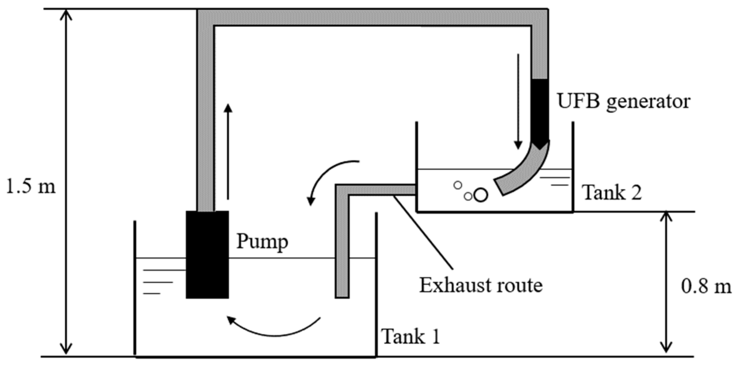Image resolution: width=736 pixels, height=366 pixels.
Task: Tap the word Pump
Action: [x=262, y=242]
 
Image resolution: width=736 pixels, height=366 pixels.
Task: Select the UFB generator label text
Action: [x=624, y=101]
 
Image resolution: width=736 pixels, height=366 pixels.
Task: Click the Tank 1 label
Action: [x=411, y=337]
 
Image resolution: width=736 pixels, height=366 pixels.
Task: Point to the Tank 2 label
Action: [x=612, y=193]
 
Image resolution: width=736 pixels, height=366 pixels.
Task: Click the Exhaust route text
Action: [x=481, y=285]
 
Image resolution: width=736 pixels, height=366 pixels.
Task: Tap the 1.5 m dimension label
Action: [x=31, y=187]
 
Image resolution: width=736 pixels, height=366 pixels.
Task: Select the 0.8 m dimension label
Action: [x=706, y=287]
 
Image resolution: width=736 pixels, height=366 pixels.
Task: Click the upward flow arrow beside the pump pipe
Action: [x=228, y=152]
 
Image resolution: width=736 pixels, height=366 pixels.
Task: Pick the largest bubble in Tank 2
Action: [x=480, y=195]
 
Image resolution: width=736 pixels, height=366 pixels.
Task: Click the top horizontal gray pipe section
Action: [x=370, y=17]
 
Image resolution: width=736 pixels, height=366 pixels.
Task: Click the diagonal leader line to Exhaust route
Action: [x=423, y=232]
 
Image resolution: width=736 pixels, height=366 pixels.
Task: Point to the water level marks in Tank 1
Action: [x=157, y=282]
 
